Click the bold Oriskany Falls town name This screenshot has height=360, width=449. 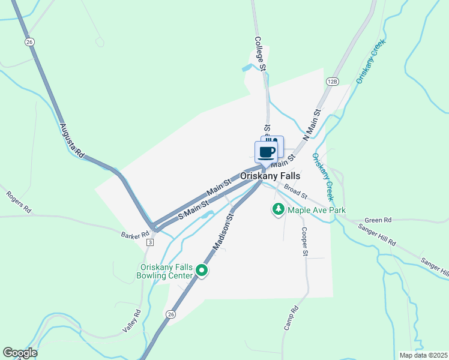(270, 176)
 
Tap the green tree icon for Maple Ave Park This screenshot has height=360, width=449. (278, 209)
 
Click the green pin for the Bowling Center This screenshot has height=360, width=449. (202, 271)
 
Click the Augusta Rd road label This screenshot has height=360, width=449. (72, 140)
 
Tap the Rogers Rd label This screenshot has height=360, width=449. (18, 202)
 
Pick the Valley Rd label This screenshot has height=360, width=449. (131, 321)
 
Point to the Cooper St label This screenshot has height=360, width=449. (304, 240)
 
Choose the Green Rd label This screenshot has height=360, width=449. (378, 220)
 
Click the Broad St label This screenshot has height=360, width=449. (295, 192)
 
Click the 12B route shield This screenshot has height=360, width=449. (333, 80)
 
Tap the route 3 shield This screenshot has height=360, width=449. (150, 242)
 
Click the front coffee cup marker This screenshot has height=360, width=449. (266, 152)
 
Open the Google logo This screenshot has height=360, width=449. (20, 353)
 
